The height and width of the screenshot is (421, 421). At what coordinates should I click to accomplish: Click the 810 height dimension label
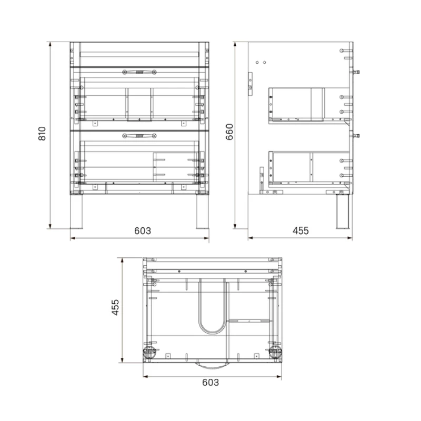[x=42, y=134]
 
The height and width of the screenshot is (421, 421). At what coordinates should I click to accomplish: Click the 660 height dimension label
[x=229, y=132]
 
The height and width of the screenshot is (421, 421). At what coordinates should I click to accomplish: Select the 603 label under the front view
[x=143, y=231]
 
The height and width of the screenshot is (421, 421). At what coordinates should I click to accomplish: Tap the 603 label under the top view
[x=210, y=383]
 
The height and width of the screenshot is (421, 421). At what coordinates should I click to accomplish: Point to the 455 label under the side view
[x=300, y=230]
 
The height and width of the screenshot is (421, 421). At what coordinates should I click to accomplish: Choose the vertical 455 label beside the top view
[x=115, y=307]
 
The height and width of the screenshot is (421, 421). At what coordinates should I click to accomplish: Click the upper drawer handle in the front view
[x=139, y=72]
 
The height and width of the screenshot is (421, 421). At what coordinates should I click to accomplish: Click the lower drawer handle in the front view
[x=139, y=136]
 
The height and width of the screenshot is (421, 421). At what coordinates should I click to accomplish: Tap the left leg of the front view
[x=76, y=212]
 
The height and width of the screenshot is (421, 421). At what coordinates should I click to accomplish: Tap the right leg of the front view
[x=203, y=212]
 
